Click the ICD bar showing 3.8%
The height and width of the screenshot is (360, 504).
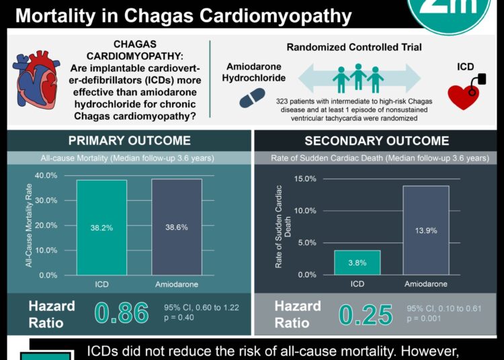point(357,263)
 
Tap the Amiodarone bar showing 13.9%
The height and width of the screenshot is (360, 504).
point(426,230)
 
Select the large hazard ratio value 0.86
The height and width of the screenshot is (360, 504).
point(122,313)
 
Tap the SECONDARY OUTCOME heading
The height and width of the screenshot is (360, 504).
point(376,140)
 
